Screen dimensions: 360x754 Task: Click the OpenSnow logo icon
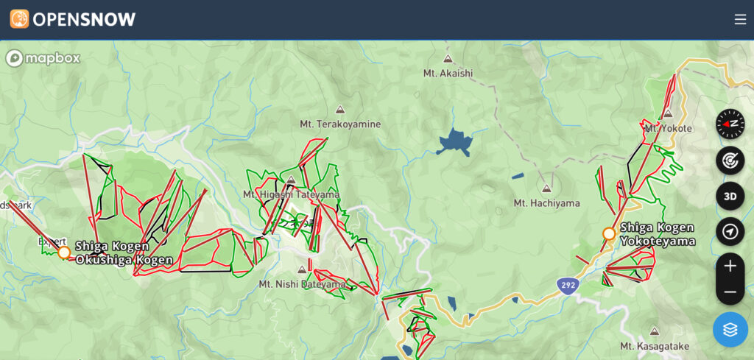(19, 19)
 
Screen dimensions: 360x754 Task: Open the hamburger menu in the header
(740, 20)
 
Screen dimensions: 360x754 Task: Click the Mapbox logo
(43, 58)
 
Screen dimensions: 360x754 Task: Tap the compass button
(730, 124)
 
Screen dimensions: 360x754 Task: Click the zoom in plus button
(730, 266)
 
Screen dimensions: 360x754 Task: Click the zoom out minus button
(730, 292)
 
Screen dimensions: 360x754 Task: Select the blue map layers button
(730, 329)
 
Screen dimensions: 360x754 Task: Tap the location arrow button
(730, 232)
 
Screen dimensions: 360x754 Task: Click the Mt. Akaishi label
(448, 73)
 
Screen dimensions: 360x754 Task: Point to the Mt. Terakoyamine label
(340, 124)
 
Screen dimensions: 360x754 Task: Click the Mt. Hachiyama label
(546, 203)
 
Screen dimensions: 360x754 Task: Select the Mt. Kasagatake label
(654, 346)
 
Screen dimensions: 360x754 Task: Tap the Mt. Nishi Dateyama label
(302, 283)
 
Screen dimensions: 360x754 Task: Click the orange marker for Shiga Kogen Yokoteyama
(609, 234)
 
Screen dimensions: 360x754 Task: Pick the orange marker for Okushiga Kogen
(64, 253)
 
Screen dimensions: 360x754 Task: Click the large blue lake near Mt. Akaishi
(454, 141)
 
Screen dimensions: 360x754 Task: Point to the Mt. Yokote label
(668, 128)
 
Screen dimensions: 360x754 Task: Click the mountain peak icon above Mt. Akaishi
(448, 58)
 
